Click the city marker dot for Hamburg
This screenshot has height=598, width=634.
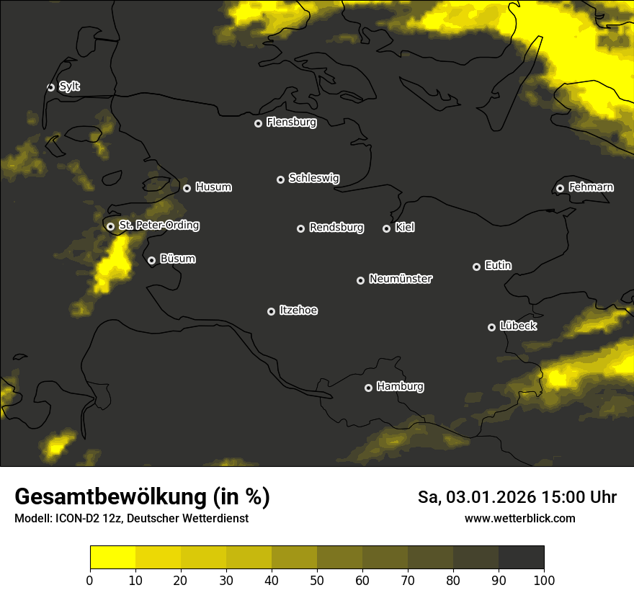[x=368, y=388]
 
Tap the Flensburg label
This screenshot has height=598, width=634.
[x=291, y=122]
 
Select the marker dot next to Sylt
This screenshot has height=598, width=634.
[x=50, y=87]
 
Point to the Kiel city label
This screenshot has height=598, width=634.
[x=405, y=228]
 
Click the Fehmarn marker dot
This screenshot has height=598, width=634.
[x=560, y=188]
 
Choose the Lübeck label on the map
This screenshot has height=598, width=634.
[x=517, y=326]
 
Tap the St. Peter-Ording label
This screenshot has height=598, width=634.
[x=158, y=226]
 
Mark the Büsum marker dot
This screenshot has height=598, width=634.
[x=151, y=261]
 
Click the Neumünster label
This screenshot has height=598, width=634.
[x=400, y=279]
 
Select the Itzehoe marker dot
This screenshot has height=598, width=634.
[x=271, y=311]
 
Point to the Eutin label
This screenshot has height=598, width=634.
[x=498, y=266]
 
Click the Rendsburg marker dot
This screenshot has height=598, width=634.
[x=300, y=228]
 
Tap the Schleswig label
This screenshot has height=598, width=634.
[x=313, y=178]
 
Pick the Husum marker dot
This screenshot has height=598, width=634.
[x=187, y=188]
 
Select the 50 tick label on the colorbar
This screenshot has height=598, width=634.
[x=317, y=580]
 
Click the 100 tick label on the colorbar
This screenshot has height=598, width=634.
[x=543, y=580]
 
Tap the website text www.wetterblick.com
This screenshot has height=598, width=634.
[x=519, y=518]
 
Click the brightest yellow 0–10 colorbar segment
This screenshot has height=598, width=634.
[x=112, y=558]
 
